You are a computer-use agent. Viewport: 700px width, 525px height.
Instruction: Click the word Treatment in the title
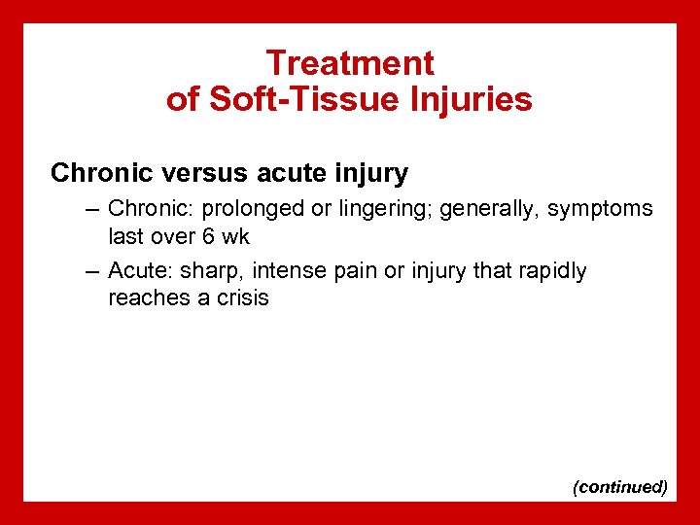tap(350, 63)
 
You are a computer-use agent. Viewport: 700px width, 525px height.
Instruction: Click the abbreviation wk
tap(236, 236)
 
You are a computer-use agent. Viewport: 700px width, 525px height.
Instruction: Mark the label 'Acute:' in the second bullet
tap(138, 271)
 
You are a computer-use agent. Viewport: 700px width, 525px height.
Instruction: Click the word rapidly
tap(549, 271)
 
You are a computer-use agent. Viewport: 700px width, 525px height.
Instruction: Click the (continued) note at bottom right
tap(620, 486)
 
